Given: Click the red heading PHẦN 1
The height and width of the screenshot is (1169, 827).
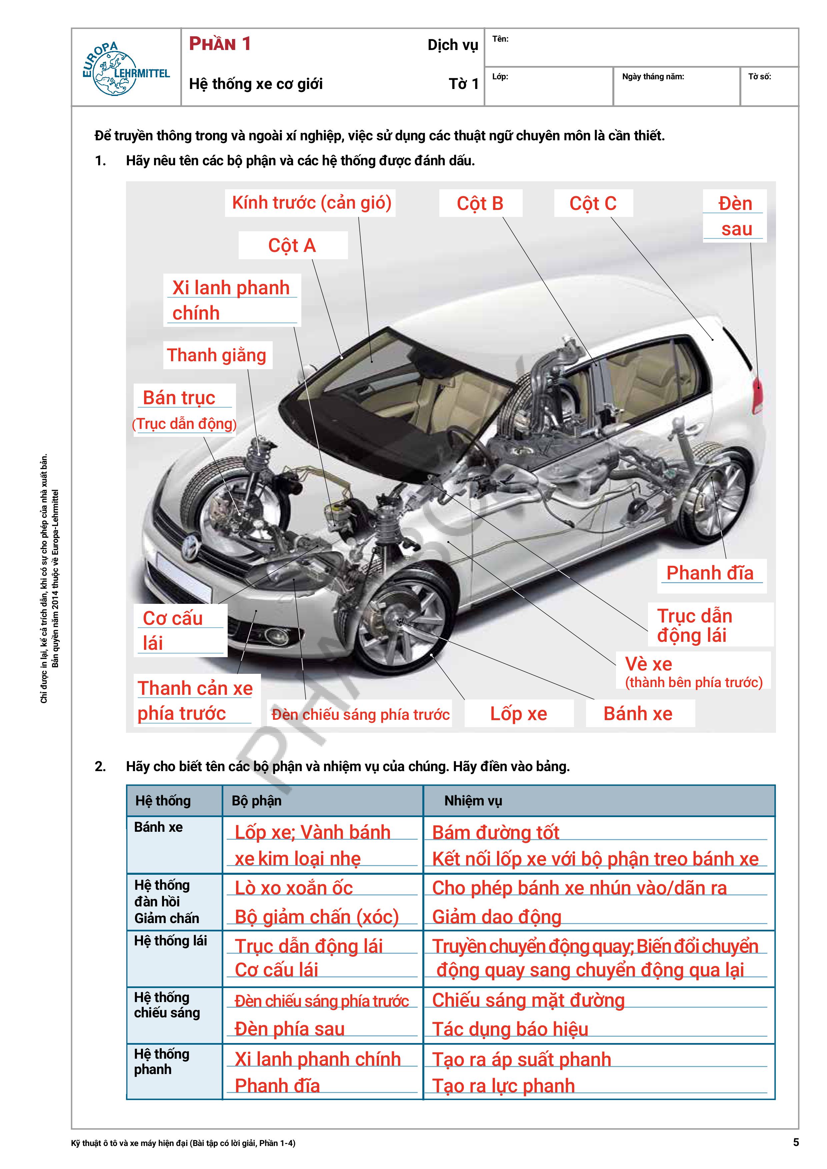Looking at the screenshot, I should point(220,44).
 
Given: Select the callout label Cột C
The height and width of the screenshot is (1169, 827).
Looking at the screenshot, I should point(593,204).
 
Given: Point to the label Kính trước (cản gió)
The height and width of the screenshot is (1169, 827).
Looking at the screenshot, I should point(311,203).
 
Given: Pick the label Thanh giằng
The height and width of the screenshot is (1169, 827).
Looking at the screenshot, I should point(217,355).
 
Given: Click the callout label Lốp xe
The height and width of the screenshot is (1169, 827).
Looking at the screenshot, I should point(518,714).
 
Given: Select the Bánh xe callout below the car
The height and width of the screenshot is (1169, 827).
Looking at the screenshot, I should point(638,714).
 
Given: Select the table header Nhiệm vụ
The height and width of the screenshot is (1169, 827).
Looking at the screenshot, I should point(473,801).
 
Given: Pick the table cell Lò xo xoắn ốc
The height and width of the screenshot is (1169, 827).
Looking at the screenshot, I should point(294,888).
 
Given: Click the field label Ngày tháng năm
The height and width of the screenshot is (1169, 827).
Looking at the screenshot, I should point(653,77).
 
